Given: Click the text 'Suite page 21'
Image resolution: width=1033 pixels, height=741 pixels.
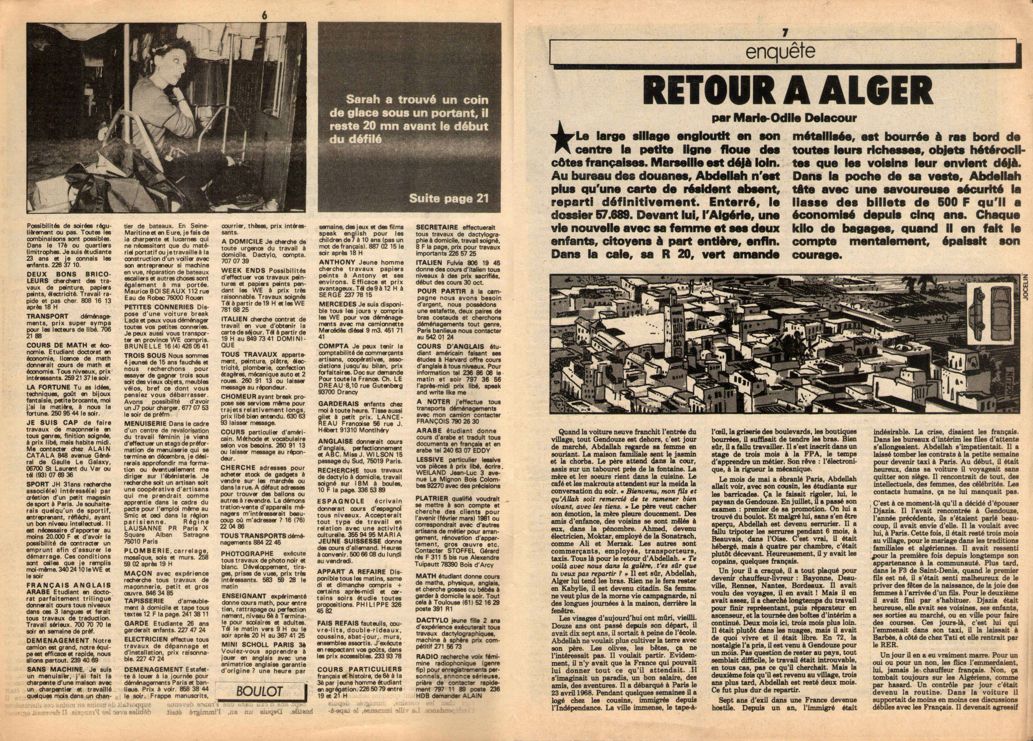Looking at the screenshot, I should tap(448, 198).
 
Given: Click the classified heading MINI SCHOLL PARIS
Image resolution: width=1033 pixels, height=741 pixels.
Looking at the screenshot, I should tap(255, 656).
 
